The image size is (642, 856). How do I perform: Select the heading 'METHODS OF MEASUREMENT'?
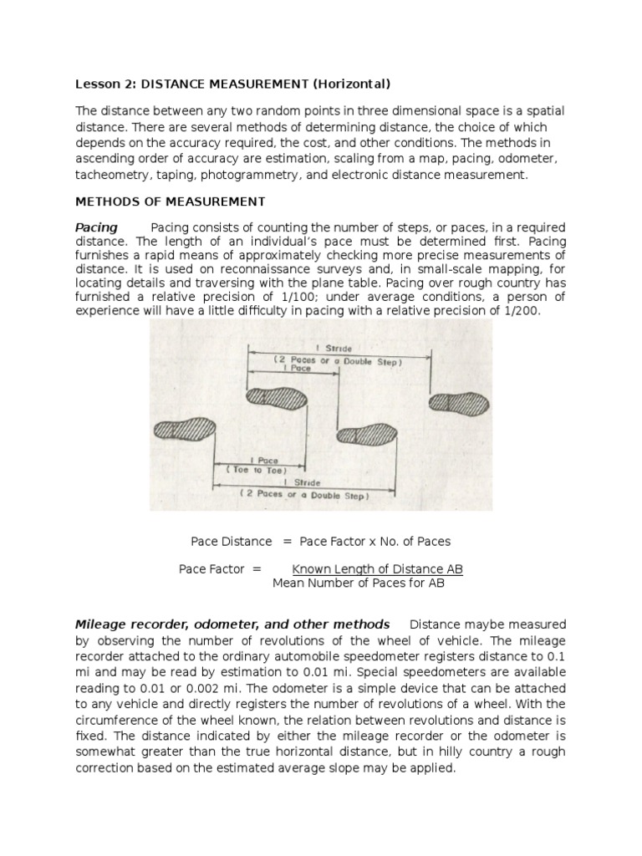pos(171,201)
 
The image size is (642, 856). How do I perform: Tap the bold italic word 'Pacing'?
pos(96,228)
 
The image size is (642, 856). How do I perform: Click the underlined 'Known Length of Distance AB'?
pos(377,568)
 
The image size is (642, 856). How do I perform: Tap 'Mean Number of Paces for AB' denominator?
pos(359,583)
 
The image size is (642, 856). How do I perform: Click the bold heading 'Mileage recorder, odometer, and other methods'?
pos(232,624)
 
